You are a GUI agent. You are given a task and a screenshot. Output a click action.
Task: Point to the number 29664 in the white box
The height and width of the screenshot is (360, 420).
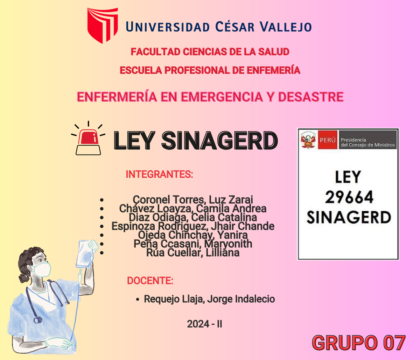349,198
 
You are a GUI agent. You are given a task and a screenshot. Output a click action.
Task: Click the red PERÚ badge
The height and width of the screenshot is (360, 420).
327,140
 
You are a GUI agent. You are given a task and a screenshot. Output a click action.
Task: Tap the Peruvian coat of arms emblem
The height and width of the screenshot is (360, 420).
308,140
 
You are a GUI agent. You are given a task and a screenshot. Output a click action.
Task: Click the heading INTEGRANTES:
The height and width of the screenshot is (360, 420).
159,174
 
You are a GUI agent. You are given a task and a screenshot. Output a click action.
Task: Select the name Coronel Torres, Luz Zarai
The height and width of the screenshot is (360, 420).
193,199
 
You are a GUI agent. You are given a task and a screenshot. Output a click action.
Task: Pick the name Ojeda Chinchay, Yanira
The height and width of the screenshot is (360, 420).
193,235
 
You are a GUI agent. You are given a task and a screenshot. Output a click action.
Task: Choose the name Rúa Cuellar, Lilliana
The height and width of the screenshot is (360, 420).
193,253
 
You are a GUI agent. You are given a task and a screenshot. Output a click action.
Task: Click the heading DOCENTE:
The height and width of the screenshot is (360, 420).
150,281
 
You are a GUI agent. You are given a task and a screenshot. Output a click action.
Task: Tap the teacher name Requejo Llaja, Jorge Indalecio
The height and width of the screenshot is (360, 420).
209,299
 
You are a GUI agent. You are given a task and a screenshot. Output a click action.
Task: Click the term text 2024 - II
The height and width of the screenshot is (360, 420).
205,324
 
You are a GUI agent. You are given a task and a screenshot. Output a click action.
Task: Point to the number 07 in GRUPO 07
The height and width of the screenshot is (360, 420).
393,343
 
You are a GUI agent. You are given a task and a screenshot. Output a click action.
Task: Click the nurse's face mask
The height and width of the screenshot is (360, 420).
41,270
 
